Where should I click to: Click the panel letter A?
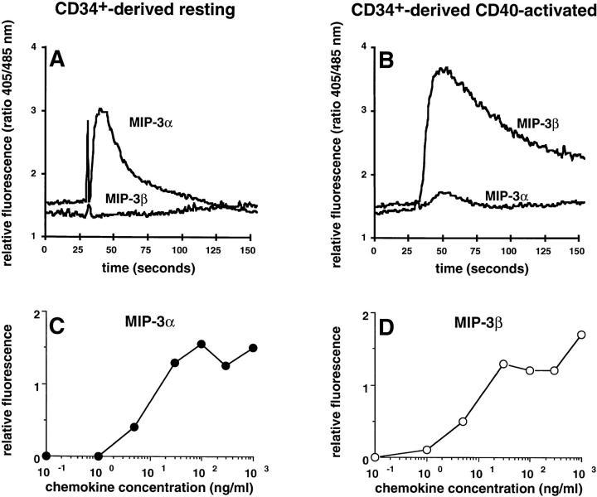[x=56, y=61]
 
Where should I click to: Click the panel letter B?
[x=388, y=61]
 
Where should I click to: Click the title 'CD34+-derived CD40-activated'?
[x=474, y=11]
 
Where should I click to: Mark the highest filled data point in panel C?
[x=201, y=344]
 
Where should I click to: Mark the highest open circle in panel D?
[x=581, y=335]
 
